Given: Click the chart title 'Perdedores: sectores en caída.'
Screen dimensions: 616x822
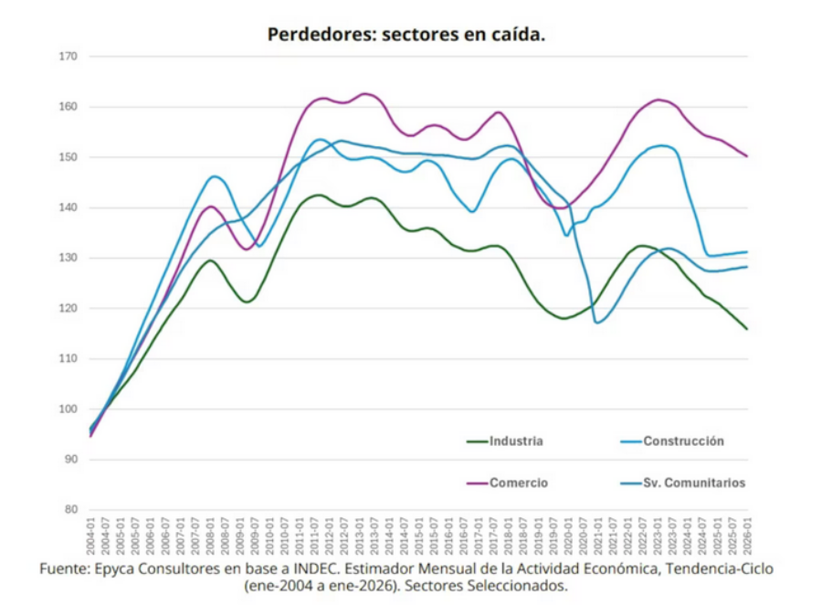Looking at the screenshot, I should pyautogui.click(x=406, y=35).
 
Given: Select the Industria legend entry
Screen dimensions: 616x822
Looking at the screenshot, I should pyautogui.click(x=516, y=441).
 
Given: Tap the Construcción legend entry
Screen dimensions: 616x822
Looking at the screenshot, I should pyautogui.click(x=683, y=441).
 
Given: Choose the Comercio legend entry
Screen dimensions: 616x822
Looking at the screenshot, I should pyautogui.click(x=519, y=483).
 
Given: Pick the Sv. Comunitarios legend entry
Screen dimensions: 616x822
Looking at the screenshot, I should pyautogui.click(x=694, y=483).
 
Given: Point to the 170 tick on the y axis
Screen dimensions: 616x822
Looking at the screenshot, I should pyautogui.click(x=69, y=57).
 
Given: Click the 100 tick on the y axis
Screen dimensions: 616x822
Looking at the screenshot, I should pyautogui.click(x=69, y=409).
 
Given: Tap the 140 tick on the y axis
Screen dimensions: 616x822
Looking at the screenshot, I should pyautogui.click(x=69, y=207).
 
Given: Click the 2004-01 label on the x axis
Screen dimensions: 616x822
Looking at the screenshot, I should pyautogui.click(x=91, y=534).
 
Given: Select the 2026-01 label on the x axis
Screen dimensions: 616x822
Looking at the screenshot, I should pyautogui.click(x=747, y=534).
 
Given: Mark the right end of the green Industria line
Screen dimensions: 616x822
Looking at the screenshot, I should pyautogui.click(x=747, y=329).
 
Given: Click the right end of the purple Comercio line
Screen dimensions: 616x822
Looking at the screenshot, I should pyautogui.click(x=747, y=156).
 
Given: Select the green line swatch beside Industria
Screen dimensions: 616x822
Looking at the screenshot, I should pyautogui.click(x=477, y=441).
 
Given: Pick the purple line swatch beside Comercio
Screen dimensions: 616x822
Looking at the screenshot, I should pyautogui.click(x=477, y=483).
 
